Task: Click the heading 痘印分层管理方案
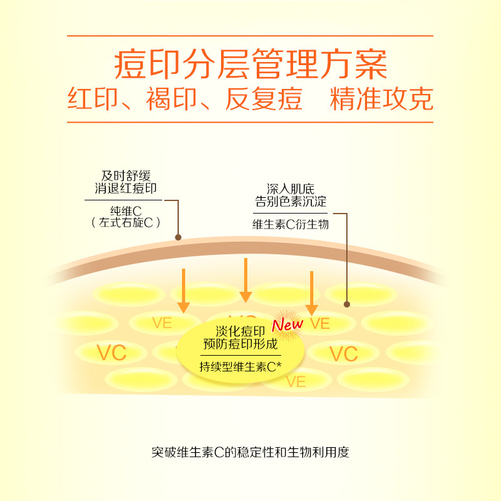tap(250, 63)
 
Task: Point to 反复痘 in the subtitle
tap(264, 100)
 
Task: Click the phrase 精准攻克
tap(382, 100)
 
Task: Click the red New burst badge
tap(287, 324)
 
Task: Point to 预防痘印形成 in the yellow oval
tap(240, 344)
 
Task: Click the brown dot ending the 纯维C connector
tap(178, 237)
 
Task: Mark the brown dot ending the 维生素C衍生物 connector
tap(347, 304)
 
